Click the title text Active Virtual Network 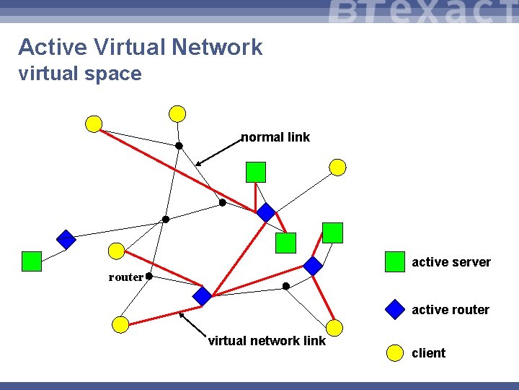pyautogui.click(x=141, y=48)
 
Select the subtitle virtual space pyautogui.click(x=80, y=74)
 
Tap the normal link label pyautogui.click(x=275, y=137)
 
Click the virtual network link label pyautogui.click(x=267, y=341)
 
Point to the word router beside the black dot pyautogui.click(x=125, y=277)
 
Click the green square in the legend pyautogui.click(x=395, y=261)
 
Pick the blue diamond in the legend pyautogui.click(x=395, y=309)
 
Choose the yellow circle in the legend pyautogui.click(x=395, y=352)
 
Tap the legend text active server pyautogui.click(x=451, y=262)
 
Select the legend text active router pyautogui.click(x=451, y=310)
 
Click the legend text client pyautogui.click(x=429, y=353)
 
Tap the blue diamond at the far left pyautogui.click(x=66, y=239)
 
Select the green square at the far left pyautogui.click(x=32, y=261)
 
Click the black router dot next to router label pyautogui.click(x=148, y=276)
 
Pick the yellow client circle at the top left pyautogui.click(x=94, y=124)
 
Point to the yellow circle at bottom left pyautogui.click(x=121, y=324)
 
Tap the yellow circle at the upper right pyautogui.click(x=337, y=168)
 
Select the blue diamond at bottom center pyautogui.click(x=203, y=296)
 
